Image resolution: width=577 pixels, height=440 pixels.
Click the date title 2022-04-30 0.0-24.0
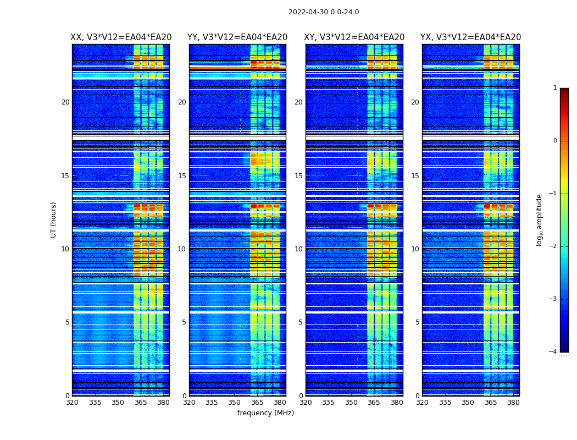tap(324, 12)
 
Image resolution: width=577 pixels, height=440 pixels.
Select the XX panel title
tap(121, 37)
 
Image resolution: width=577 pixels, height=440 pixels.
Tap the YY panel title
tap(237, 37)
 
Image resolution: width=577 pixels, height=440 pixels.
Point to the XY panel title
tap(354, 37)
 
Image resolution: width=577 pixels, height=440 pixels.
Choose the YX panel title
tap(471, 37)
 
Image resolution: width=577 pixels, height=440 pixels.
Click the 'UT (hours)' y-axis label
tap(54, 219)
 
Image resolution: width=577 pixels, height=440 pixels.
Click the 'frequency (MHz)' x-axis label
tap(265, 413)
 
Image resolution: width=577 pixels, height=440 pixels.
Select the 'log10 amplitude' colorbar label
tap(540, 219)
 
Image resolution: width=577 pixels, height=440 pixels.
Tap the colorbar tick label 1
tap(554, 88)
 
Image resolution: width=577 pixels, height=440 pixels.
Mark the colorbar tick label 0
tap(554, 141)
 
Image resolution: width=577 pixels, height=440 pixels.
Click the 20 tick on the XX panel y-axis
tap(65, 102)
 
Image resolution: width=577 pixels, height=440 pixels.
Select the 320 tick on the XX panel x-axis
tap(72, 403)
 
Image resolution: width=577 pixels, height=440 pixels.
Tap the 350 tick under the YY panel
tap(235, 403)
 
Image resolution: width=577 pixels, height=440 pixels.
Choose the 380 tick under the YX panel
tap(513, 403)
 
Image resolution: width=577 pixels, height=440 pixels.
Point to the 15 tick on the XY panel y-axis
tap(298, 176)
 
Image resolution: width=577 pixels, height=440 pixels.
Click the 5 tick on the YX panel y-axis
tap(418, 322)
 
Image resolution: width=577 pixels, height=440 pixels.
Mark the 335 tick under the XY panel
tap(328, 403)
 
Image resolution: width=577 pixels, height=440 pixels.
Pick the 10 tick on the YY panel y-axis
tap(182, 249)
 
